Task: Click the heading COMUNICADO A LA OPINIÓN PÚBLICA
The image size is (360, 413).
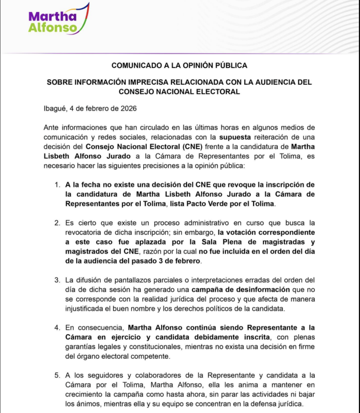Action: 179,65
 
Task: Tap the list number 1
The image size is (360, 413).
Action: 57,185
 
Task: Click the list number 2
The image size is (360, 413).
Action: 57,223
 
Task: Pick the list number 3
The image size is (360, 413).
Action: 57,280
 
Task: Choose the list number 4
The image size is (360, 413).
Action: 57,327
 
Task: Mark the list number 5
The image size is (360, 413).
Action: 57,375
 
